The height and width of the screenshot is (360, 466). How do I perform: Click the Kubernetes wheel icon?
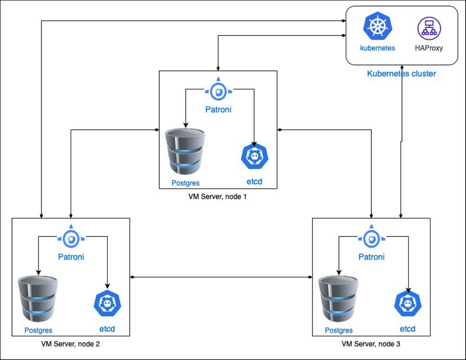[x=377, y=26]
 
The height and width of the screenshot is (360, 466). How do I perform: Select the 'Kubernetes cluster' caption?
[x=402, y=73]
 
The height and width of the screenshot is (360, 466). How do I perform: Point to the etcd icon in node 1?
[x=255, y=156]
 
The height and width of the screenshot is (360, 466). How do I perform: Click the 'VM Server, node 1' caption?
[x=217, y=196]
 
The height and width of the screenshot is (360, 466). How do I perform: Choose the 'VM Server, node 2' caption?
[x=70, y=344]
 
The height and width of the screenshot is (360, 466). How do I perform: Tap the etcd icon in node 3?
[x=408, y=304]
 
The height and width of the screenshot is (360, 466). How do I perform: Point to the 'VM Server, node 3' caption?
[x=371, y=344]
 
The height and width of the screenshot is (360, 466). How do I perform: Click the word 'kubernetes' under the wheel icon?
[x=377, y=48]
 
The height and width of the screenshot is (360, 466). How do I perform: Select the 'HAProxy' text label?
[x=428, y=48]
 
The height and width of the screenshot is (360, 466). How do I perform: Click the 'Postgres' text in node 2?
[x=38, y=331]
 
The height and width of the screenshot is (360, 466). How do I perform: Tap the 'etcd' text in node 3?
[x=408, y=329]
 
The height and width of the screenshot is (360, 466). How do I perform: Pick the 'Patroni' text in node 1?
[x=218, y=109]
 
